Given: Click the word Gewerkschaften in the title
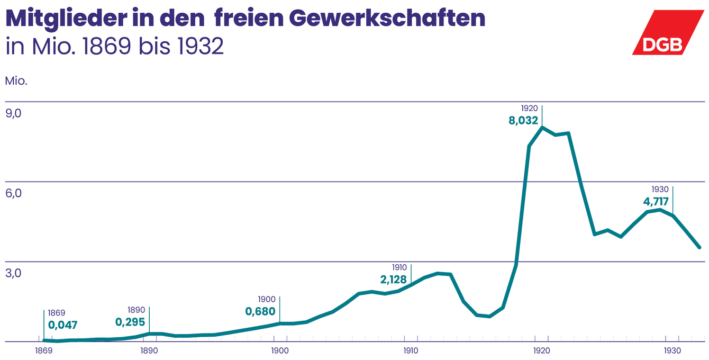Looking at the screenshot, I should pyautogui.click(x=387, y=19).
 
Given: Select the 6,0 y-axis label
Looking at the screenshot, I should pyautogui.click(x=13, y=194).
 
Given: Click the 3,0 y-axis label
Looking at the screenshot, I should pyautogui.click(x=13, y=274).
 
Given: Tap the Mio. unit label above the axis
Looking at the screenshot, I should pyautogui.click(x=16, y=82).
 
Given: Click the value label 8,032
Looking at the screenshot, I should pyautogui.click(x=523, y=121).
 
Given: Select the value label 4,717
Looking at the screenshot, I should pyautogui.click(x=656, y=202).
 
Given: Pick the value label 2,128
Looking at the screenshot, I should pyautogui.click(x=393, y=279).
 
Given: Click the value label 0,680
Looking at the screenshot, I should pyautogui.click(x=260, y=311).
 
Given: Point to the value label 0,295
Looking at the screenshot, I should pyautogui.click(x=130, y=321).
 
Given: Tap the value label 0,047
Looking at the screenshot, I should pyautogui.click(x=63, y=325).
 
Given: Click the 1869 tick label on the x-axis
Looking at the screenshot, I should pyautogui.click(x=43, y=350).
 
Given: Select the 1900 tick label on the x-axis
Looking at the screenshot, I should pyautogui.click(x=280, y=350).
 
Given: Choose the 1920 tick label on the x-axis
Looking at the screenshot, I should pyautogui.click(x=541, y=350).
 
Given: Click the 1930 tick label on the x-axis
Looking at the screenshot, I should pyautogui.click(x=672, y=350).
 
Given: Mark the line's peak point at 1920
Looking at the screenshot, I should pyautogui.click(x=542, y=128).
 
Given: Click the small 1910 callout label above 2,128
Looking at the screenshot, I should pyautogui.click(x=399, y=268).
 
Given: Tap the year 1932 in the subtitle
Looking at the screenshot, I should pyautogui.click(x=201, y=47).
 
